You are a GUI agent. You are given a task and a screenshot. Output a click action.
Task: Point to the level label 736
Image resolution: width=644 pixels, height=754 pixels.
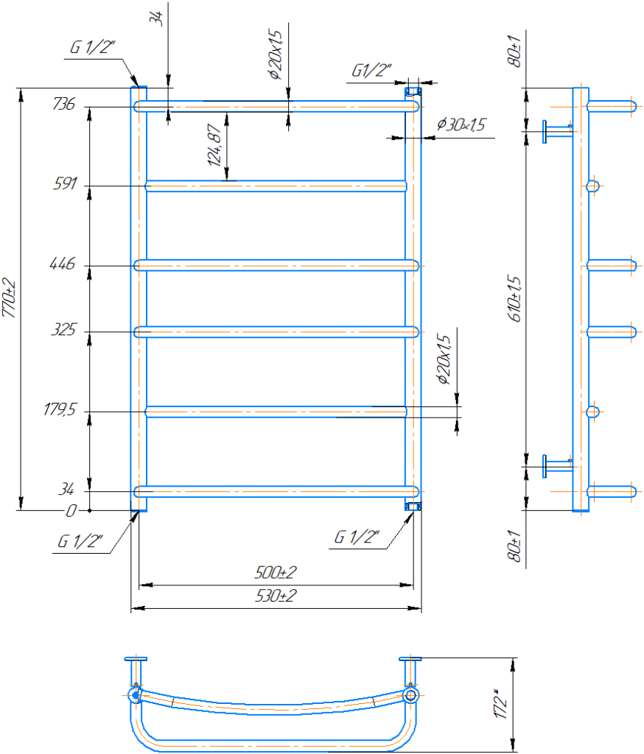pyautogui.click(x=64, y=105)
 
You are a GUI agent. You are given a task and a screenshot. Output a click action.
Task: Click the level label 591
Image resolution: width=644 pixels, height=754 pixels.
pyautogui.click(x=65, y=184)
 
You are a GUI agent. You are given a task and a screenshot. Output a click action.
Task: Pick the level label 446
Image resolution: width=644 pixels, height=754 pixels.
pyautogui.click(x=63, y=264)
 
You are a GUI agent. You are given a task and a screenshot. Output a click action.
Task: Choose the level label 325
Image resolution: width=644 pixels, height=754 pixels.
pyautogui.click(x=64, y=330)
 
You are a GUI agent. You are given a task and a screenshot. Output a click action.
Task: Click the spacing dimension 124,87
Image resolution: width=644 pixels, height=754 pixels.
pyautogui.click(x=214, y=145)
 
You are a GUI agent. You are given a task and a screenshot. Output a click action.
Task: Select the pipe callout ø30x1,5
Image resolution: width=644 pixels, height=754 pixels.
pyautogui.click(x=461, y=125)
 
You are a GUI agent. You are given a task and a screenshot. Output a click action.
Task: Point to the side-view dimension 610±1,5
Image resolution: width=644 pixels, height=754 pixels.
pyautogui.click(x=515, y=299)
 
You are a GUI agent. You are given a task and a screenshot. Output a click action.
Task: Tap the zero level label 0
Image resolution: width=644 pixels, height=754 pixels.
pyautogui.click(x=71, y=510)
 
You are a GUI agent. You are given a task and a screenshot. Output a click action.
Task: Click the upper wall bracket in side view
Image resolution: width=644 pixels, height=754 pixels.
pyautogui.click(x=556, y=131)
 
